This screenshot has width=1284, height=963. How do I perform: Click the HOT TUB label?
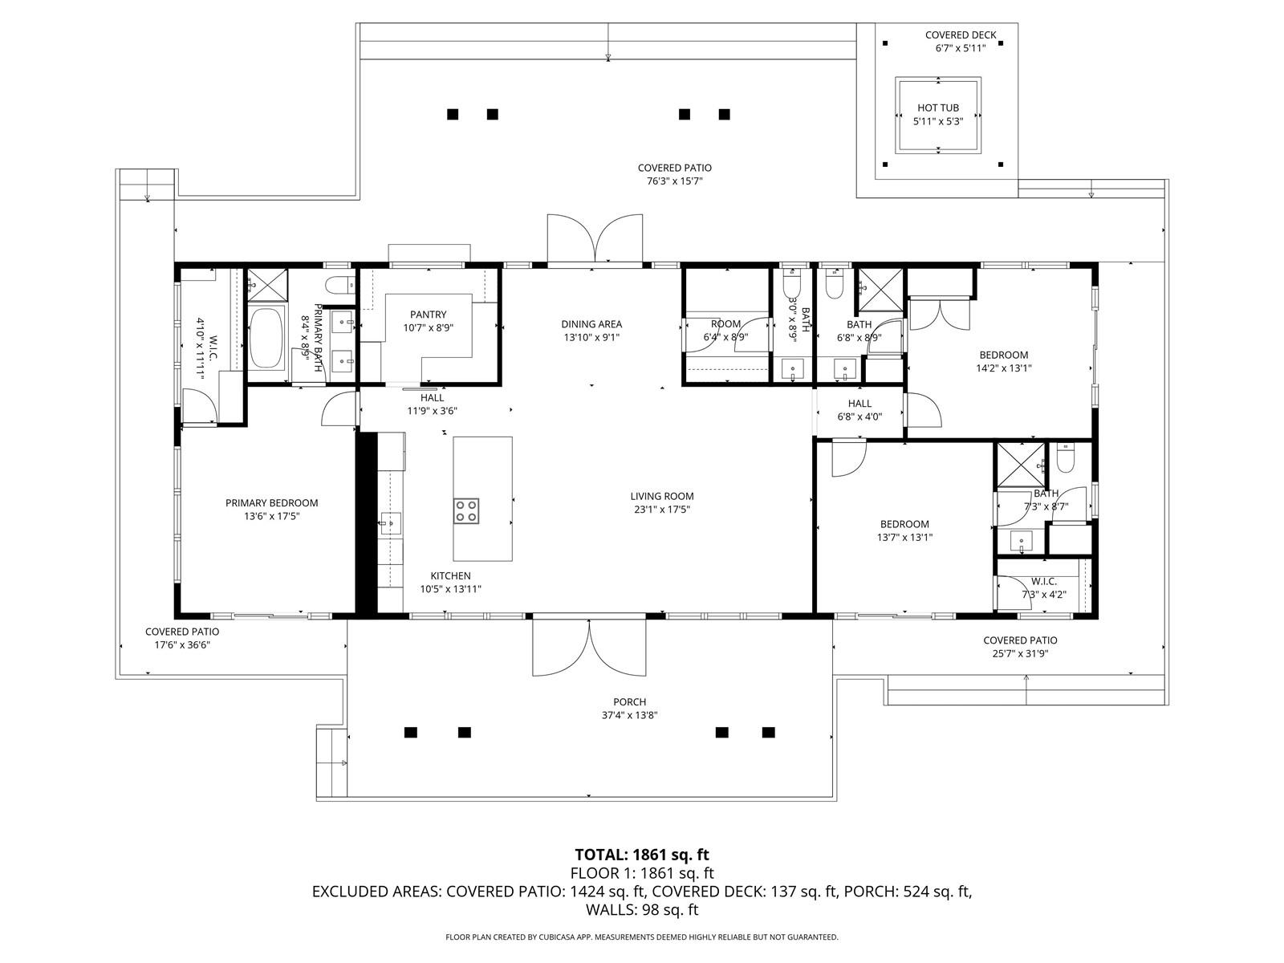(937, 108)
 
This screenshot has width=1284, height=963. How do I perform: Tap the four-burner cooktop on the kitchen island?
(466, 510)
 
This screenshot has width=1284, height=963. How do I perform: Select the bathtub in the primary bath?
(266, 337)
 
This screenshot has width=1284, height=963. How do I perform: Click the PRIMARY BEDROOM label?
(271, 503)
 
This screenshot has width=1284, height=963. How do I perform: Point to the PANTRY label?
(429, 315)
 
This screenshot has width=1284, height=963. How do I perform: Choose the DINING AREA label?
(591, 324)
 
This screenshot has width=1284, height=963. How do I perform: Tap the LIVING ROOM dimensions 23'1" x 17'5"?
(662, 510)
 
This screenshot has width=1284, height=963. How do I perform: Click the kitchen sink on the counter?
(390, 522)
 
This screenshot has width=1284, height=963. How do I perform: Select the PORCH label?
(629, 701)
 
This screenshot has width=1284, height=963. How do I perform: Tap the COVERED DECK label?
(961, 35)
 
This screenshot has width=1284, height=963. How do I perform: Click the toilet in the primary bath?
(340, 286)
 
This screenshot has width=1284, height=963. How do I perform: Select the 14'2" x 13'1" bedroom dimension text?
(1004, 368)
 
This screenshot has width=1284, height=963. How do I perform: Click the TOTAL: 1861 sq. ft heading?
(642, 855)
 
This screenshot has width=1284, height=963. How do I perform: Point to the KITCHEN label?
(450, 576)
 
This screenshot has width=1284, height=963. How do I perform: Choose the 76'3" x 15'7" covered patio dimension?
(674, 181)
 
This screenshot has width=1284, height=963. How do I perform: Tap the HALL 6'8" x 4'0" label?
(859, 410)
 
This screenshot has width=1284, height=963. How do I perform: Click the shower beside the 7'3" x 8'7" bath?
(1020, 465)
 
